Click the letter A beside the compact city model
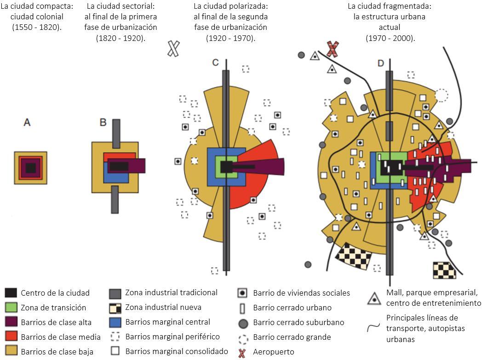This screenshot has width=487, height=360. click(27, 122)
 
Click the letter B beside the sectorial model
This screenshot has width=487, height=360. click(103, 122)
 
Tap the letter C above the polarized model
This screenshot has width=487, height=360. click(215, 63)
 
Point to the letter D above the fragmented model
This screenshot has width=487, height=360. click(381, 63)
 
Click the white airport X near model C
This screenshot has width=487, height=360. click(173, 48)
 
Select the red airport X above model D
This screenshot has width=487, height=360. click(332, 48)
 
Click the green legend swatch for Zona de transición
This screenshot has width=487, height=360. click(11, 308)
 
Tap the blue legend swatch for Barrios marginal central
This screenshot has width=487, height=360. click(115, 322)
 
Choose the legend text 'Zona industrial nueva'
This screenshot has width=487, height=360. click(163, 307)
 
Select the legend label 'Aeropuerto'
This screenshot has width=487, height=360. click(274, 352)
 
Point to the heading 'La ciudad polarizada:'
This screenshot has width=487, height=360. click(230, 7)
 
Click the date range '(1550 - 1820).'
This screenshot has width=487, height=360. click(37, 27)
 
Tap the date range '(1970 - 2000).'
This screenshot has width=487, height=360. click(390, 38)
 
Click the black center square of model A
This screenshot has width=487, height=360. click(30, 168)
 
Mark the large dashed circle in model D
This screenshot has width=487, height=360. click(441, 95)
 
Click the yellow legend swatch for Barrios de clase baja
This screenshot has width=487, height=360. click(11, 352)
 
